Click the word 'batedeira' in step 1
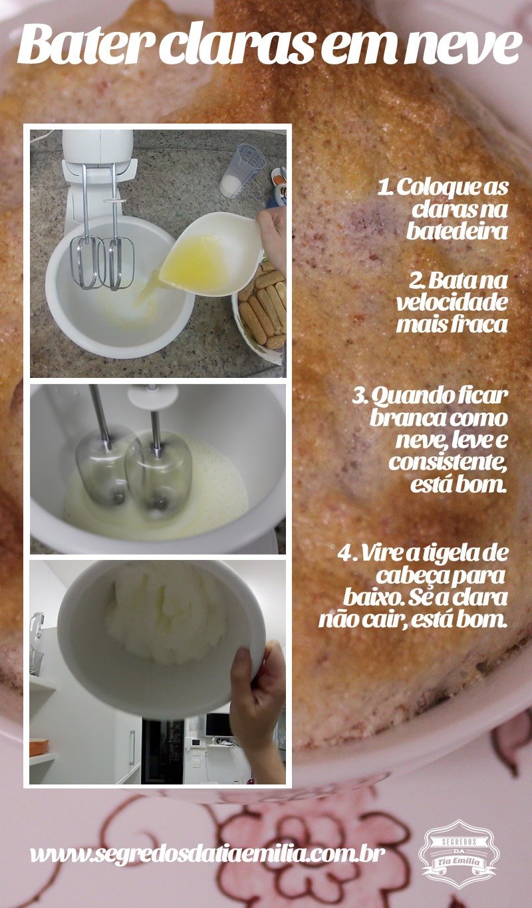pos(457,231)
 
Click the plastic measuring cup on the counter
pos(241,171)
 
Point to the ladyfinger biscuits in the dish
pos(263,304)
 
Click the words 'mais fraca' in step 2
pos(452,325)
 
